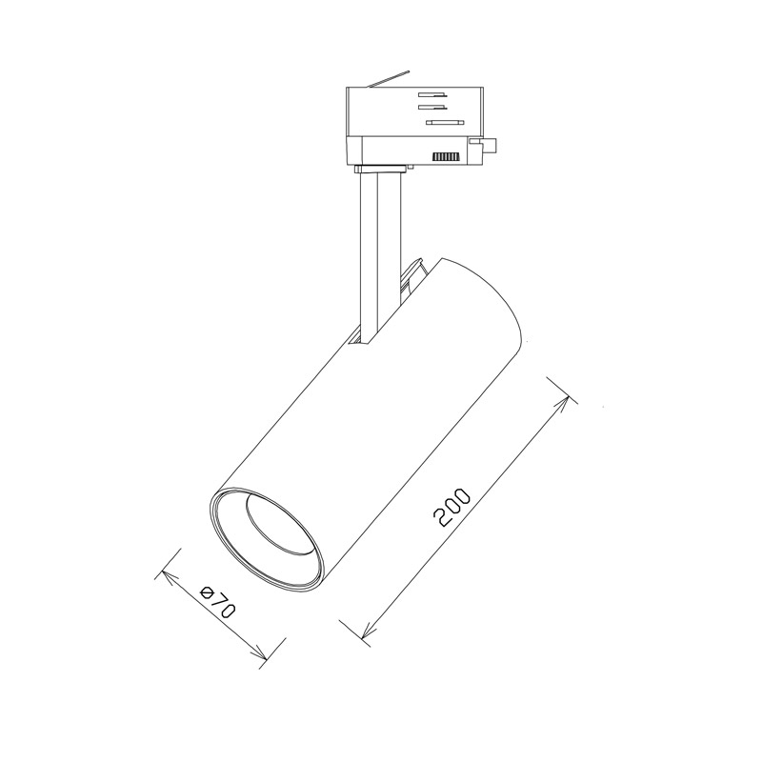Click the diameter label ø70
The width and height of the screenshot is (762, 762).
(x=217, y=602)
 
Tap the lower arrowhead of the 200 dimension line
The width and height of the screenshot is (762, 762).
(x=369, y=631)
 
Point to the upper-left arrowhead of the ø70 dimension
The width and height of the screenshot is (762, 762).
(x=169, y=577)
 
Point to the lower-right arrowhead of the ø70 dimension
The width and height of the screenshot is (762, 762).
(x=259, y=654)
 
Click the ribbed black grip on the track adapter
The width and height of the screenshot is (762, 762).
(x=446, y=156)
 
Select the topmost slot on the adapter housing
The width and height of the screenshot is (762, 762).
(x=432, y=94)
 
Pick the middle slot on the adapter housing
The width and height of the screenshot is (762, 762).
(x=432, y=106)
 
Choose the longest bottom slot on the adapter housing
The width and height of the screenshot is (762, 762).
(x=445, y=123)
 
